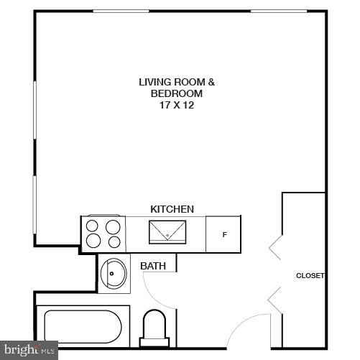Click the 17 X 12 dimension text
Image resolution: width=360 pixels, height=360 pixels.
pos(177,105)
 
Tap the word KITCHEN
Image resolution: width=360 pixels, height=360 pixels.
pos(172,209)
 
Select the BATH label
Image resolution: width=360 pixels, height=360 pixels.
pos(153,266)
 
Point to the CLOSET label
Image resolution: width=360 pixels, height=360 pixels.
pos(310,276)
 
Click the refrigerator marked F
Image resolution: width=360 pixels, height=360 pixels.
pos(224,234)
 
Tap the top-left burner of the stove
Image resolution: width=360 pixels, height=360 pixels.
pos(93,225)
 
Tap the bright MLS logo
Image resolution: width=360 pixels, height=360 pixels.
pos(29,351)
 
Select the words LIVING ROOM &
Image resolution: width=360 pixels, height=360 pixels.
pos(177,82)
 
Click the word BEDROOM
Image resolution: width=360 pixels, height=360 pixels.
pos(177,93)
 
